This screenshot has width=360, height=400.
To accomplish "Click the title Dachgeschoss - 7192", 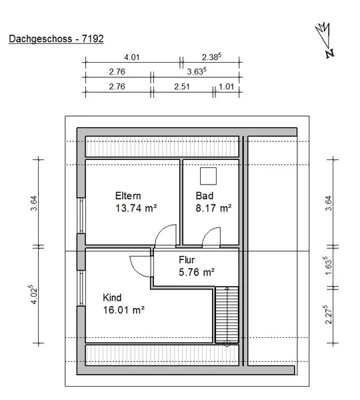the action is pos(56,39).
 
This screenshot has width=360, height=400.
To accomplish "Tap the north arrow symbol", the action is pos(325,40).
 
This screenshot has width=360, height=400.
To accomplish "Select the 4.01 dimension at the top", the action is pos(131,57).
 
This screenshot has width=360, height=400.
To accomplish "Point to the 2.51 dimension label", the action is pos(182,87).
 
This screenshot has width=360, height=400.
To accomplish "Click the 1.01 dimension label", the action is pos(226,87).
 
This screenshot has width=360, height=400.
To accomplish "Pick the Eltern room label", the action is pos(128,196).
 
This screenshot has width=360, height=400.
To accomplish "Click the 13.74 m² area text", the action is pos(136,208).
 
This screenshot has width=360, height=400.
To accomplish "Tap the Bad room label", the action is pos(205,196).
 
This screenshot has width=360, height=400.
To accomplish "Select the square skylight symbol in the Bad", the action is pos(208,176).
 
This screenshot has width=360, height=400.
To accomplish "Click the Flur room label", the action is pos(187,260).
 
